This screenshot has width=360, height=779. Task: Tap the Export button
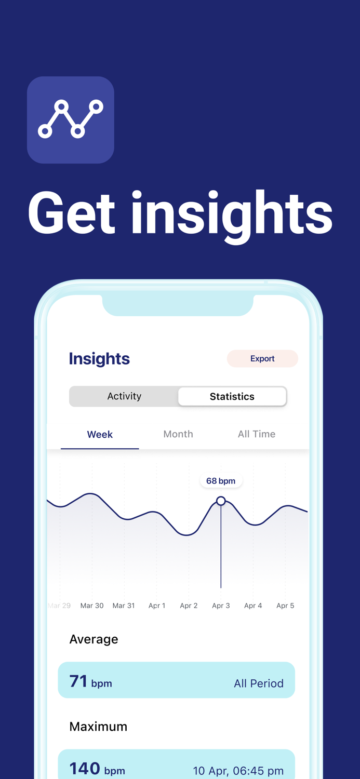coord(262,359)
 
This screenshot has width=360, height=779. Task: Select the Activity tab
coord(124,396)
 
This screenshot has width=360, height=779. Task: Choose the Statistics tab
coord(232,397)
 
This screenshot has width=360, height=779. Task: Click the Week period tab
coord(100,435)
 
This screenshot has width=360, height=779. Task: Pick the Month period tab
coord(178,434)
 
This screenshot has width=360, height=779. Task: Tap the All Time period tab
coord(257,434)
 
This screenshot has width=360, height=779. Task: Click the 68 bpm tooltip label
coord(221,481)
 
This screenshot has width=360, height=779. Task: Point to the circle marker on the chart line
coord(221,501)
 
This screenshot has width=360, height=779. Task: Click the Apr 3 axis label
coord(221,606)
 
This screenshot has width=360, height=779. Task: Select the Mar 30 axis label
coord(92,606)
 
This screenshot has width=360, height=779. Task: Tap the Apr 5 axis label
coord(285,606)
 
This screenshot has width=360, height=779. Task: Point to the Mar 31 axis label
coord(124,606)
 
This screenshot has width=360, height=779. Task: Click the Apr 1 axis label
coord(157,606)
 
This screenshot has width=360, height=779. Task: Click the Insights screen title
coord(99,359)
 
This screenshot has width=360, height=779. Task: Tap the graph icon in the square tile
coord(71,119)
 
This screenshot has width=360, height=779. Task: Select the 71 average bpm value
coord(78,681)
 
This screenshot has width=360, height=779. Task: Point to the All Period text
coord(259,683)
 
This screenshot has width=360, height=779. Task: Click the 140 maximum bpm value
coord(85,769)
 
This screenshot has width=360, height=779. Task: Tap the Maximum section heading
coord(98,727)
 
